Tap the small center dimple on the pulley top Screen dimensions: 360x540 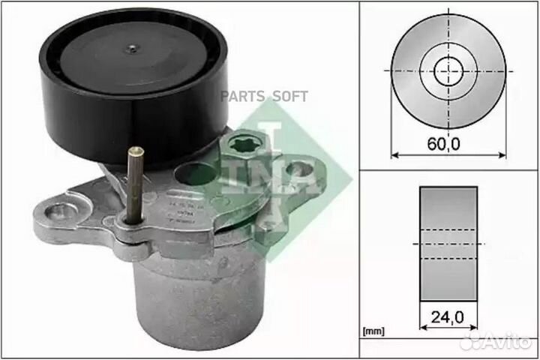point(131,49)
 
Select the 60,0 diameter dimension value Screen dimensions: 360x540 point(447,143)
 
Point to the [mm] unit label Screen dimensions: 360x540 point(374,330)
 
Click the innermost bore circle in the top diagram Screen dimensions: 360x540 point(447,70)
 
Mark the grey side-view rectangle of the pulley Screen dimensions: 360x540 point(448,242)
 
